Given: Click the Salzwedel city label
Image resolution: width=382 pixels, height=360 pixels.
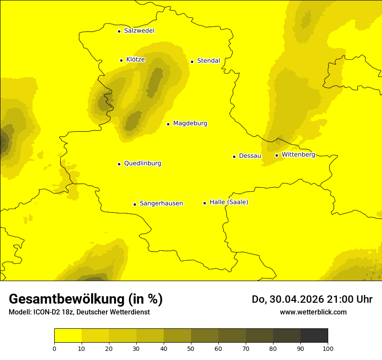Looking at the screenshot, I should (139, 31).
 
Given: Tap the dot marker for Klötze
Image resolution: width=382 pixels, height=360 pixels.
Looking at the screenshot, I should (121, 60).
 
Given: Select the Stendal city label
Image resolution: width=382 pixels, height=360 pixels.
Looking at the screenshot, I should (208, 61).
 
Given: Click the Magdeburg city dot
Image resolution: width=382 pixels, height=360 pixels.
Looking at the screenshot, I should (168, 124).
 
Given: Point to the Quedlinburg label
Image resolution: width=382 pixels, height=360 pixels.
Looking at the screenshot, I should (142, 164).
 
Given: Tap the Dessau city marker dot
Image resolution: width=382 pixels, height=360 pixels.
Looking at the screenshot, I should (234, 157).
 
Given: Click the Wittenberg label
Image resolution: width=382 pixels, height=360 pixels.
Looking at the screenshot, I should (298, 154).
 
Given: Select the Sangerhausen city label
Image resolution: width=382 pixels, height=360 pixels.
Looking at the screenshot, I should (161, 203).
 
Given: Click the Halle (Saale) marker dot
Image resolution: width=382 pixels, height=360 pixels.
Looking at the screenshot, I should (204, 203).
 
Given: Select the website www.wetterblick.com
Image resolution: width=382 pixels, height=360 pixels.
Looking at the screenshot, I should (313, 312).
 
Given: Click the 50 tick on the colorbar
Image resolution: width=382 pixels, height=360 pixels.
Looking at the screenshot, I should (191, 348).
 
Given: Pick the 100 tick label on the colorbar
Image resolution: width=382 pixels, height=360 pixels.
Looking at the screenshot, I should (328, 348).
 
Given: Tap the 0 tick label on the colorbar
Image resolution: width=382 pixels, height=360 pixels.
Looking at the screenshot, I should (54, 348).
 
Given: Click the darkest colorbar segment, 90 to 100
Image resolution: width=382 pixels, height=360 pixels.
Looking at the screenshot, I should (314, 336).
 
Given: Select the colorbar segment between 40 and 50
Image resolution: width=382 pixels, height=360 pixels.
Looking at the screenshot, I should (177, 336).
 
